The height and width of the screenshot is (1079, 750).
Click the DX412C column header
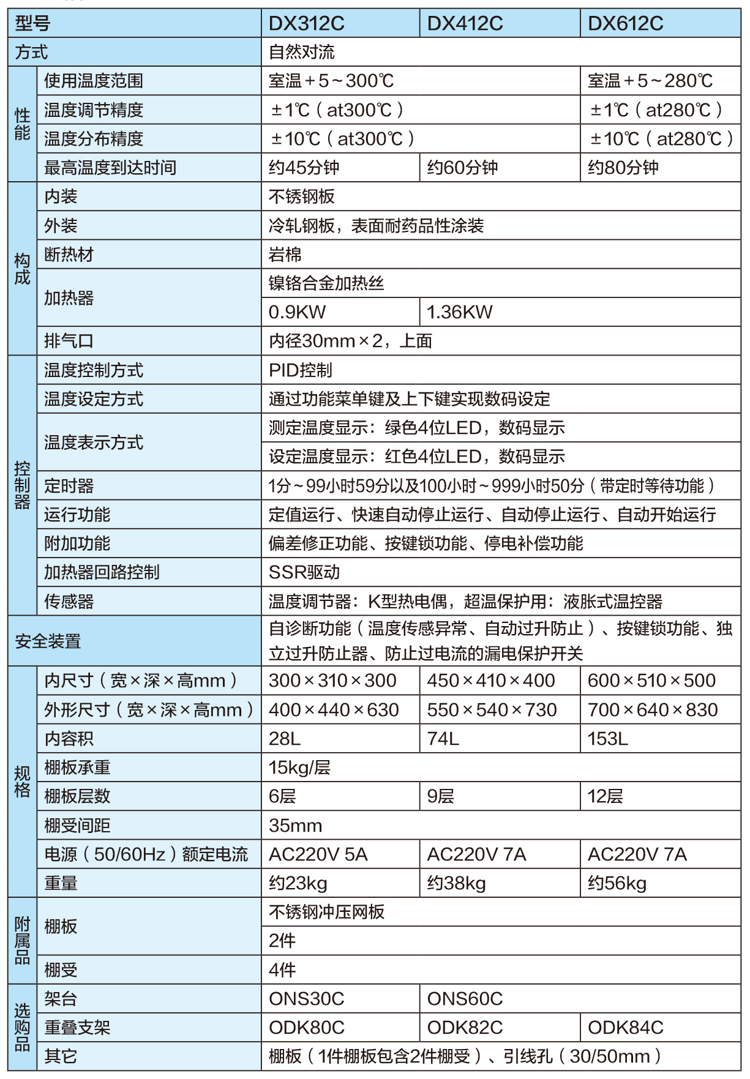465,24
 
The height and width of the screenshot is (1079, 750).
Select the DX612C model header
625,24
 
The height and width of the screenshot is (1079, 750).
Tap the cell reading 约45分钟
304,168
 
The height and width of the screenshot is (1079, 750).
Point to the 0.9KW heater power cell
298,312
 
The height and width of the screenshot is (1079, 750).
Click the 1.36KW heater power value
459,312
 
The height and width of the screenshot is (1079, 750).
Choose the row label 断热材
69,255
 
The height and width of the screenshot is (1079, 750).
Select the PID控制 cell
301,370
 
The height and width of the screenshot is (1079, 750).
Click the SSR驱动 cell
304,572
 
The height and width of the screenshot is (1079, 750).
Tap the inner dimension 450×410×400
491,681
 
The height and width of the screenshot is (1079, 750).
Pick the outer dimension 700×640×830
653,710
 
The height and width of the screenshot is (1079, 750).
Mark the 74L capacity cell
443,739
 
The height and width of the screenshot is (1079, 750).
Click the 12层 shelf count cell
606,796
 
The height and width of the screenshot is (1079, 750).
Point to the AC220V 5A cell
318,854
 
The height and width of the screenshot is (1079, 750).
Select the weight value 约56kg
617,883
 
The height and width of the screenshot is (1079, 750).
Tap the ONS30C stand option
307,999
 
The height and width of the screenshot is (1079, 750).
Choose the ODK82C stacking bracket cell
465,1028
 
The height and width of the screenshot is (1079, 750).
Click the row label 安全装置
48,641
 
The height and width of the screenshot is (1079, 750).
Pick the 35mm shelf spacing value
295,826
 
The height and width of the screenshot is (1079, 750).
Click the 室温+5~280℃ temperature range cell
650,81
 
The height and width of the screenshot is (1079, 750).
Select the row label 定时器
69,486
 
